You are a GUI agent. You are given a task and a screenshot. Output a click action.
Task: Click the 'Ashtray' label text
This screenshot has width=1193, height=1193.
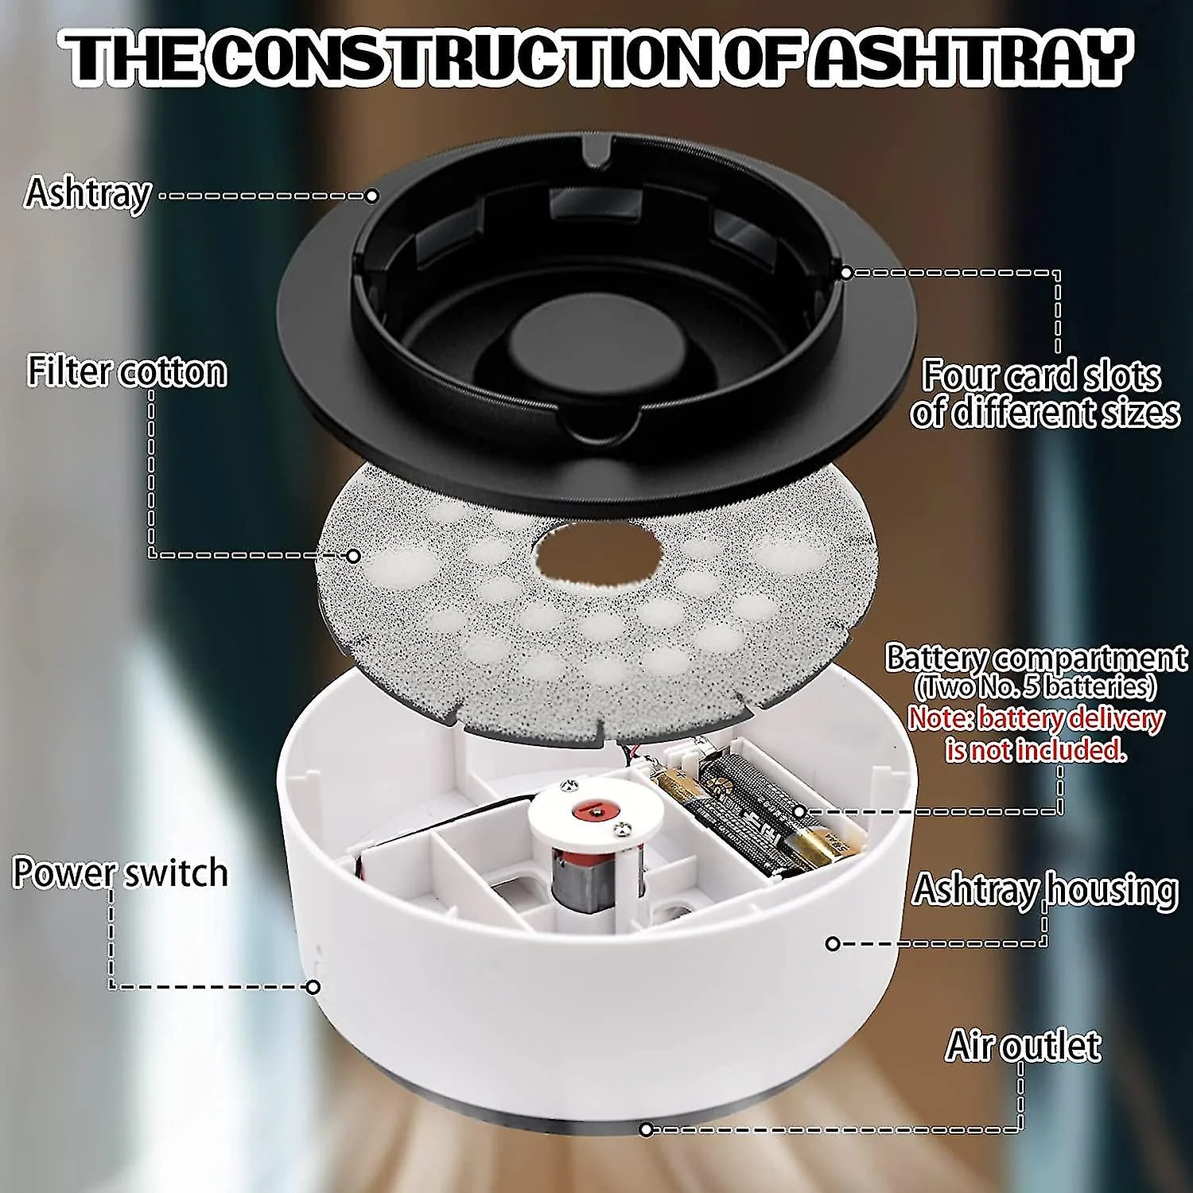tap(87, 193)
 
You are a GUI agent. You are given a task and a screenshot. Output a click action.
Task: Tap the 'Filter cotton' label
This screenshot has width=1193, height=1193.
tap(127, 371)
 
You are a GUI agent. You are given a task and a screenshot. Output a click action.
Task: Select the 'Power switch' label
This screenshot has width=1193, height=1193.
tap(120, 872)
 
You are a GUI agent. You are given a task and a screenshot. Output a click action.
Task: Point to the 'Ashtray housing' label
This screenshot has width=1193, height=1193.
tap(1044, 889)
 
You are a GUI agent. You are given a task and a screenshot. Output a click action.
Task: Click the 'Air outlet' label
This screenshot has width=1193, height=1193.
tap(1024, 1045)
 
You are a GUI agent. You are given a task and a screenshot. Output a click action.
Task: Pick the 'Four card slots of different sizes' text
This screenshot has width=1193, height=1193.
tap(1044, 394)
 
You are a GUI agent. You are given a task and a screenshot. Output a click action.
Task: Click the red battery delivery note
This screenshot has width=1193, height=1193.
tap(1036, 733)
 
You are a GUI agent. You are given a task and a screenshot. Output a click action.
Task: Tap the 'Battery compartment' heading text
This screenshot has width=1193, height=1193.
tap(1036, 658)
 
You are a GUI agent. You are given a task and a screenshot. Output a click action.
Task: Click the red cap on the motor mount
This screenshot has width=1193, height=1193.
tap(596, 810)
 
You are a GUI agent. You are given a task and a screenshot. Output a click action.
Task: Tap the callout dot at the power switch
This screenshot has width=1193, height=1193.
tap(313, 987)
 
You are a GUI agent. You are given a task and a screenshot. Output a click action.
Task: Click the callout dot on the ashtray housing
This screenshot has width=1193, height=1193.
tap(833, 944)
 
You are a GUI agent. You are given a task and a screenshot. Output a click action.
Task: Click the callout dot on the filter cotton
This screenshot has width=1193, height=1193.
tap(353, 556)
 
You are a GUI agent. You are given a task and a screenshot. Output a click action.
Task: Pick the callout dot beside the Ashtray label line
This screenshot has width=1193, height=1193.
tap(371, 196)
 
